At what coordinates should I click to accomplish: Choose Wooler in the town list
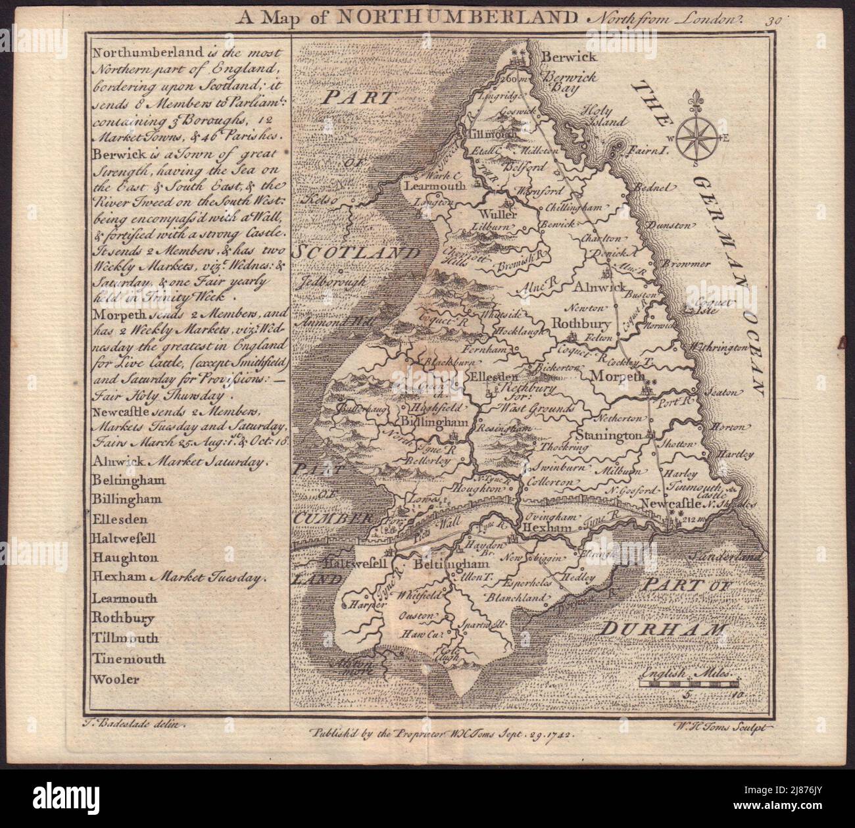click(x=116, y=679)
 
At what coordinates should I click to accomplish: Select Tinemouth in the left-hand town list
click(x=128, y=659)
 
